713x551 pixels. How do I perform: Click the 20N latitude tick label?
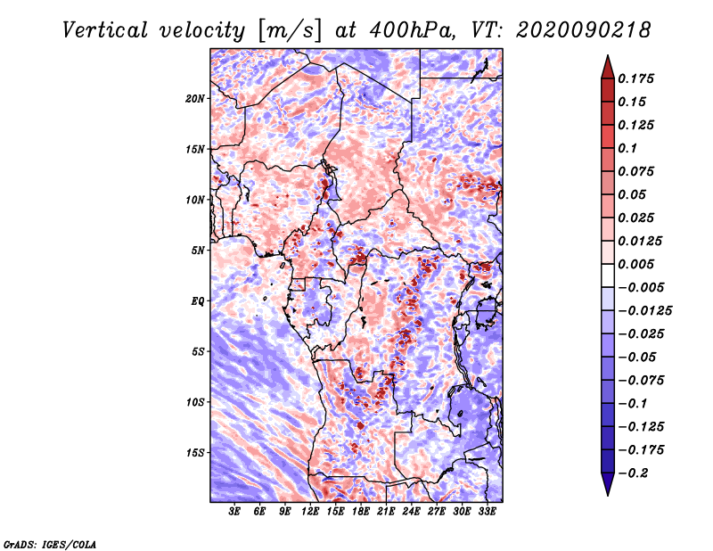pos(195,99)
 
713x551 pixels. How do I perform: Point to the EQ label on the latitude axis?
pos(198,301)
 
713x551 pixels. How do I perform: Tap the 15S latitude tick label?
pos(195,453)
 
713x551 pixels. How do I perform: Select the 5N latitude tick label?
pos(198,251)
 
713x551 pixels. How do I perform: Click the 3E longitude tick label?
pos(234,512)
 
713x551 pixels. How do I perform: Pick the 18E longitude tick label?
pos(361,512)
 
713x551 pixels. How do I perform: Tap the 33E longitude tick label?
pos(487,512)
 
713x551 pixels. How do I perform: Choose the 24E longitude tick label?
pos(411,512)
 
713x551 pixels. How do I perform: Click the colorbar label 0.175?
pos(635,78)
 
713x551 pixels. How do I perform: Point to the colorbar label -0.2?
pos(633,473)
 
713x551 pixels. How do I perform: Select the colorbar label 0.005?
pos(635,264)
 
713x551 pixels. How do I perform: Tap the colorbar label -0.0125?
pos(644,311)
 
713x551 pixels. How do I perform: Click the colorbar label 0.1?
pos(627,148)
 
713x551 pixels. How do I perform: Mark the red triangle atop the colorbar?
pos(608,68)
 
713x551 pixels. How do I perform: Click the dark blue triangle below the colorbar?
pos(608,483)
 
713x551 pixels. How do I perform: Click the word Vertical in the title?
pos(105,30)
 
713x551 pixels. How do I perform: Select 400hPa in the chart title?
pos(412,30)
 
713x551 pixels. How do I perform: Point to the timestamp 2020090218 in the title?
pos(584,30)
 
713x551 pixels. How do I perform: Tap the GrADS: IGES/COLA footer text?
pos(50,544)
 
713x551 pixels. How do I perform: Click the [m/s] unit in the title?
pos(290,31)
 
